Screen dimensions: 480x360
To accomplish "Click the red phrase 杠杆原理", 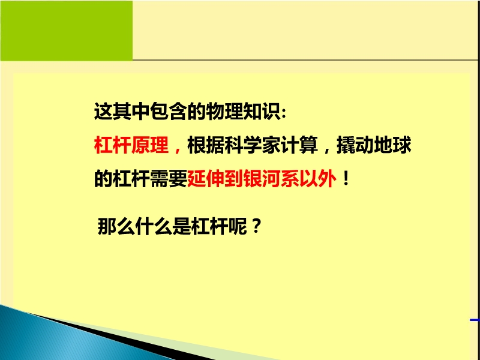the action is [131, 145].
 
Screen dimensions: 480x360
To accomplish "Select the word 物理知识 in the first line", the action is [243, 111].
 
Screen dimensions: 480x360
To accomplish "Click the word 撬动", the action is [355, 145].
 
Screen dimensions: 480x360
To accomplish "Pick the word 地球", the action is [392, 145].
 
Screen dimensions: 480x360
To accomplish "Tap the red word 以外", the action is [318, 178].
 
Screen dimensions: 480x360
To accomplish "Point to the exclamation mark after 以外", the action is [346, 179].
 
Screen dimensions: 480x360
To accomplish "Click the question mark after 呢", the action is [256, 227].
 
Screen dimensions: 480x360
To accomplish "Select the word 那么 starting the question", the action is [116, 227].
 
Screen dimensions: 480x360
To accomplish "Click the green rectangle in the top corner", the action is [67, 31].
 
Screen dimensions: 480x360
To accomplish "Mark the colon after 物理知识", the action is [283, 113].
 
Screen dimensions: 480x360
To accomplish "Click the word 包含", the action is [169, 111].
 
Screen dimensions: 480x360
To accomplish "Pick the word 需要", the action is [169, 178].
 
